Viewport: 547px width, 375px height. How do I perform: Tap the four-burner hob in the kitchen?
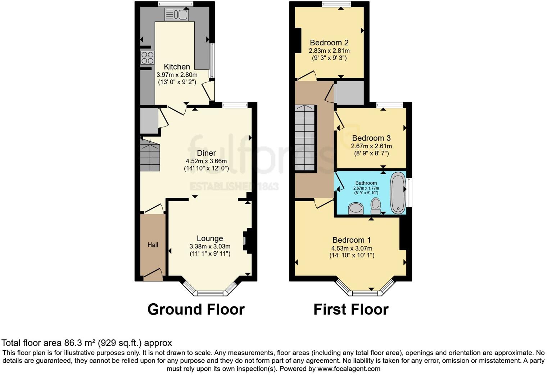tap(147, 58)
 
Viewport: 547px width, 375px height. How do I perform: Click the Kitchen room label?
tap(177, 67)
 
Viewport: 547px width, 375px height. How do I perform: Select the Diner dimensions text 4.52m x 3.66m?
tap(206, 161)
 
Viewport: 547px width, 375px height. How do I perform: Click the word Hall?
tap(153, 245)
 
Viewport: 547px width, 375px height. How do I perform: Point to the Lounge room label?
tap(210, 238)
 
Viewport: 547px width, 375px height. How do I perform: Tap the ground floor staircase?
tap(150, 156)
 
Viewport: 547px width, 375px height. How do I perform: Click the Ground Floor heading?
tap(196, 309)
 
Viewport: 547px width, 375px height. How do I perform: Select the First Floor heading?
tap(351, 309)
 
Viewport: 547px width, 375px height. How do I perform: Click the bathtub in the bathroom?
tap(398, 193)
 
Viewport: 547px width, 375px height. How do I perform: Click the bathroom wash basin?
tap(356, 208)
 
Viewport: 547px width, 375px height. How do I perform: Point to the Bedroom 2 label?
tap(329, 43)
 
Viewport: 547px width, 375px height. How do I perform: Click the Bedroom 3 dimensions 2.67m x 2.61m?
tap(371, 146)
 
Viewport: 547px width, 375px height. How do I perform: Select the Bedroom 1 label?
tap(351, 240)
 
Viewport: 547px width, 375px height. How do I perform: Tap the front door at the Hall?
tap(153, 275)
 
